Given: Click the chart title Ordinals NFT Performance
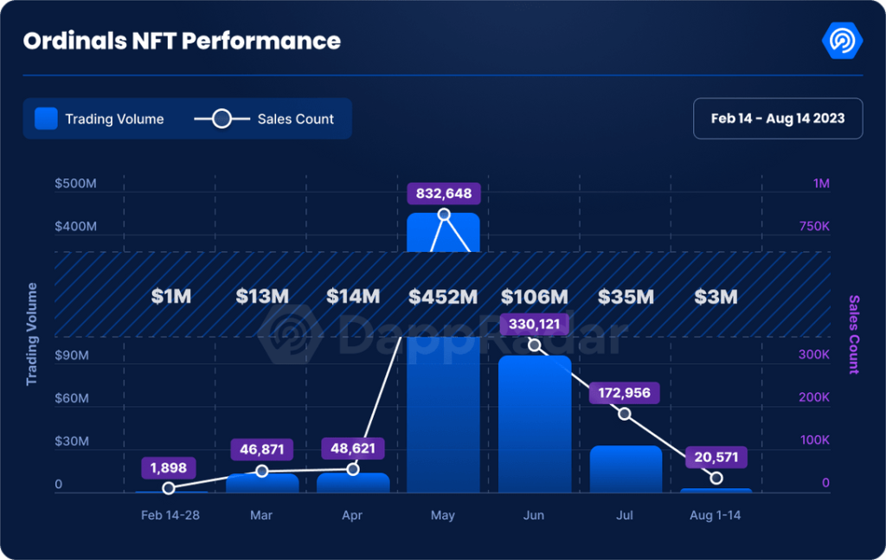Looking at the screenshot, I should tap(182, 41).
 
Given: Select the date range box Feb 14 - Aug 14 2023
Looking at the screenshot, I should tap(778, 119).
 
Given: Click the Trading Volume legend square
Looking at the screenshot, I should tap(46, 119).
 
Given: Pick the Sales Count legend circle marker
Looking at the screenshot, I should tap(221, 119).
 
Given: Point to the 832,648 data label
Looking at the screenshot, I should tap(444, 193).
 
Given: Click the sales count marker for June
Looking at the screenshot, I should tap(535, 345).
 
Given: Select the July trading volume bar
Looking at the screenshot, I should tap(626, 469).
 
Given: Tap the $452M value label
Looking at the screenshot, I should tap(444, 297).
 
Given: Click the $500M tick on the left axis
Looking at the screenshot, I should tap(75, 183).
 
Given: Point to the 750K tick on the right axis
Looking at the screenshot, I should tap(814, 226).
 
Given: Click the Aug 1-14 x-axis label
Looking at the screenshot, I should tap(716, 515).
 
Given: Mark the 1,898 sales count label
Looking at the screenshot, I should tap(169, 467).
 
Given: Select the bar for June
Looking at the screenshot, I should tap(535, 424).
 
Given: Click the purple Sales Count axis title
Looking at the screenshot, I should tap(854, 334).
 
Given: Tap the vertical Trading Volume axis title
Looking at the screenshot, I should tap(32, 334).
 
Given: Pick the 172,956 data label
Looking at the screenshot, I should tap(625, 393).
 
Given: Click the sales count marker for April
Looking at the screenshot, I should tap(353, 469).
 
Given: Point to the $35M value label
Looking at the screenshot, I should tap(626, 297).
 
